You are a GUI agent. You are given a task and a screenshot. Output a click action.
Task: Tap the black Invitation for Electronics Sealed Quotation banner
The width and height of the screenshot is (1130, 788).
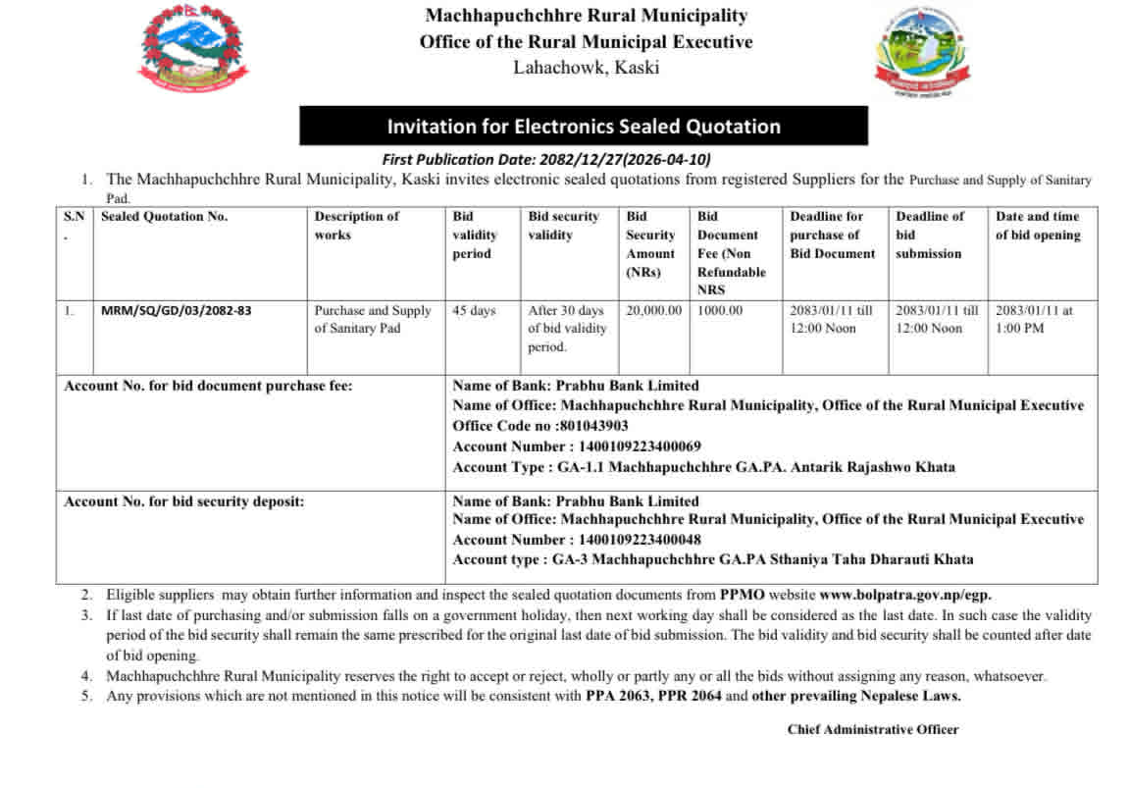coord(584,126)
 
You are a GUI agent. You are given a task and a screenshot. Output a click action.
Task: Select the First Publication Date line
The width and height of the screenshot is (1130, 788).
coord(546,160)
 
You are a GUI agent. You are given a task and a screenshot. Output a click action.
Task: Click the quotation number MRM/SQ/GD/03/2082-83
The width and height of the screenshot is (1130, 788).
coord(177,311)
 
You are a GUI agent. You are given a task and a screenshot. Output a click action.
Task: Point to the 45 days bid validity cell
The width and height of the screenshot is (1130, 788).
coord(475,311)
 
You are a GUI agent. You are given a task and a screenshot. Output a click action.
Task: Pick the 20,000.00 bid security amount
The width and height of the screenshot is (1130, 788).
coord(653,311)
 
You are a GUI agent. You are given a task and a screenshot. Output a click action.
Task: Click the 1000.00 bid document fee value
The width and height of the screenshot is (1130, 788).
coord(720,311)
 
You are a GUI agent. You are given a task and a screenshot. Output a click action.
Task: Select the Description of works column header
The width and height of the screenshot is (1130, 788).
coord(357,226)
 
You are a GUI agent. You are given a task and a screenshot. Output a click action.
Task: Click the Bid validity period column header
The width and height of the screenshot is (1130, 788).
coord(475,235)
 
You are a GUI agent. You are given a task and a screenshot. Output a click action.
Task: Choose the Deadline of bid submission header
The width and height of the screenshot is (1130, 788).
coord(929,235)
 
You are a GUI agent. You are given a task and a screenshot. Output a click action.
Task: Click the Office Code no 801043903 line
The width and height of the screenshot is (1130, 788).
coord(540,426)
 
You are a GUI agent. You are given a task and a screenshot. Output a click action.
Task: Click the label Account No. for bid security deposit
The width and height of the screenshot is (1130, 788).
coord(184,501)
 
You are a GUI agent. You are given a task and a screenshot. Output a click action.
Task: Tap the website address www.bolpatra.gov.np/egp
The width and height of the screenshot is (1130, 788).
coord(905,595)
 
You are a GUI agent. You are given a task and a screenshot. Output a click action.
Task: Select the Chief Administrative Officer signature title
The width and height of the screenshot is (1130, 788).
coord(873,729)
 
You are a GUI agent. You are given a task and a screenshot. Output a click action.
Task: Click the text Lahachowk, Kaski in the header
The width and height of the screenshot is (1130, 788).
coord(586,68)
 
